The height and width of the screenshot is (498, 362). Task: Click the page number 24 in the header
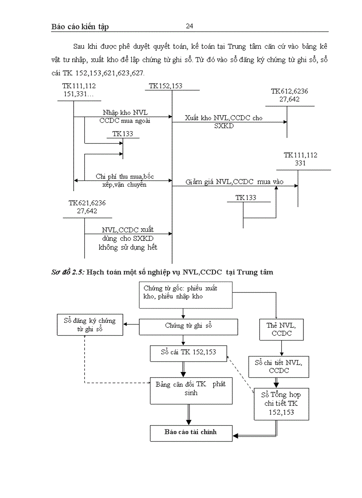click(x=189, y=26)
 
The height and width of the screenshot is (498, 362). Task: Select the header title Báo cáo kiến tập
click(x=80, y=27)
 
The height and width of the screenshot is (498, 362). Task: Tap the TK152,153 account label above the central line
click(x=165, y=86)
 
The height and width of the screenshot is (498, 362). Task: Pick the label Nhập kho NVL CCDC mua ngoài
click(x=125, y=116)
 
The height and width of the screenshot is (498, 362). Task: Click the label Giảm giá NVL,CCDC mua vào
click(x=234, y=182)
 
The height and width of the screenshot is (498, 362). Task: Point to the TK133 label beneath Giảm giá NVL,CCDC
click(x=246, y=198)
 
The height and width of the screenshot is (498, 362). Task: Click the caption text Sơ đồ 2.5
click(x=68, y=272)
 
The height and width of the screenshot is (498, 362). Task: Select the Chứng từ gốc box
click(x=186, y=295)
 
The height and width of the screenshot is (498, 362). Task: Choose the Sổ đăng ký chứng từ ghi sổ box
click(x=90, y=325)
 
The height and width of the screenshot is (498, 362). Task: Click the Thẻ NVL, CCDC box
click(x=281, y=329)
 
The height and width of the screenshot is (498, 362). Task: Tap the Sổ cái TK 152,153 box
click(x=189, y=353)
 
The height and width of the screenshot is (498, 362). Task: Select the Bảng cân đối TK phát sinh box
click(x=191, y=390)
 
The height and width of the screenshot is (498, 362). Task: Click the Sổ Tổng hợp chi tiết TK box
click(x=281, y=404)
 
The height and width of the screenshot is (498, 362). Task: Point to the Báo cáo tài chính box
click(x=191, y=432)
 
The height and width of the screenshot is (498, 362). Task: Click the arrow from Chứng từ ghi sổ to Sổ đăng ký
click(x=131, y=325)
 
